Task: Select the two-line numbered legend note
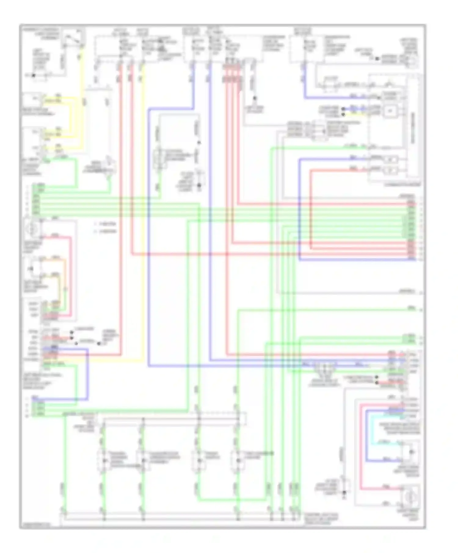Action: pyautogui.click(x=105, y=228)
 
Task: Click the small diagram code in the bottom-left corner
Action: pyautogui.click(x=35, y=524)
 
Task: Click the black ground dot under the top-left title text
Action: pyautogui.click(x=34, y=75)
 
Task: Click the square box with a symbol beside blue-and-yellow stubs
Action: pyautogui.click(x=390, y=111)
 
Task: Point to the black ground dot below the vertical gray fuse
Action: pyautogui.click(x=254, y=98)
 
